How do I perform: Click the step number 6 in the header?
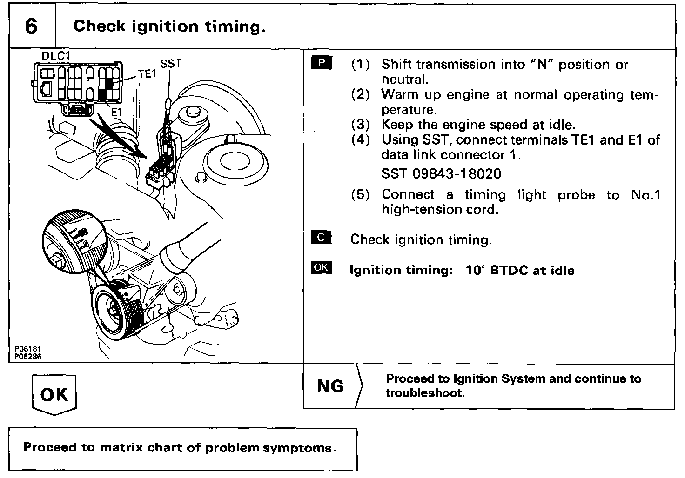click(31, 26)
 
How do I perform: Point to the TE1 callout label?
click(147, 74)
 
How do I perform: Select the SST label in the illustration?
click(171, 64)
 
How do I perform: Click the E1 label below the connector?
click(116, 112)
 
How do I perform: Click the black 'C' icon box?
click(321, 238)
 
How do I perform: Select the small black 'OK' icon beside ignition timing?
click(321, 268)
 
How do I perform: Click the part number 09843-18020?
click(457, 174)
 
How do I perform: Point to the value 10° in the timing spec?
click(476, 270)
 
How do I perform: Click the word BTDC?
click(510, 270)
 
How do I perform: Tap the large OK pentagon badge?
click(54, 394)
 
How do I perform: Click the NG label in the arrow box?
click(330, 386)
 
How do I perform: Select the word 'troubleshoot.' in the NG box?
click(425, 393)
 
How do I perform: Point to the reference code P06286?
click(27, 357)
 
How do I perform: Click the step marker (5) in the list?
click(360, 195)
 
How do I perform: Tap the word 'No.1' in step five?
click(646, 195)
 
